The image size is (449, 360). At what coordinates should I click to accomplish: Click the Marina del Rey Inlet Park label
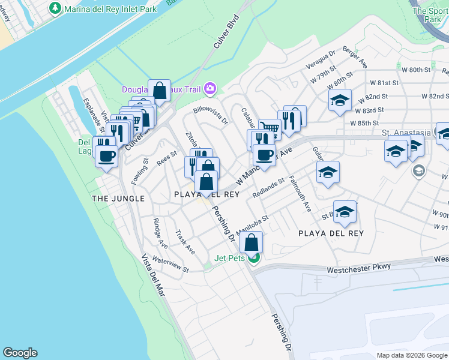tap(111, 9)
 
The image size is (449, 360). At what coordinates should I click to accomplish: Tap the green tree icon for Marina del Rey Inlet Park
tap(55, 8)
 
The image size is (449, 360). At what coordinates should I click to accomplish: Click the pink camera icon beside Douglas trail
tap(209, 89)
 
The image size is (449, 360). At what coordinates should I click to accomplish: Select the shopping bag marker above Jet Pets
tap(252, 242)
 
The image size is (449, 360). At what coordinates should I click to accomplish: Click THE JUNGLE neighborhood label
tap(118, 199)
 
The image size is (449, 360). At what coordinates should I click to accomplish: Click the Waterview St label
tap(170, 264)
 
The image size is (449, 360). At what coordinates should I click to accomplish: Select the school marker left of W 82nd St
tap(340, 100)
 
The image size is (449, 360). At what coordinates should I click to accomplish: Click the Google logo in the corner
tap(20, 353)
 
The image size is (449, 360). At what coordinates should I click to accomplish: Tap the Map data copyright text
tap(412, 355)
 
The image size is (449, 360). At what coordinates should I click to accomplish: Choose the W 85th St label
tap(367, 123)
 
